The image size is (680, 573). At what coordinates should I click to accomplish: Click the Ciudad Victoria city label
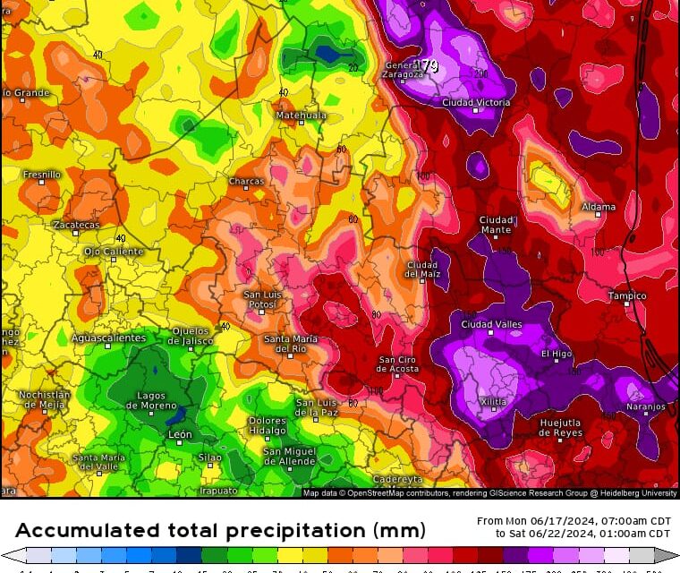[x=476, y=102]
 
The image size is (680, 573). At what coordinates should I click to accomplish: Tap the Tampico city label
[x=626, y=295]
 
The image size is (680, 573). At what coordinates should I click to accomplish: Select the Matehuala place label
[x=301, y=115]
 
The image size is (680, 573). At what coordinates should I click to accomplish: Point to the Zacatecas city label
[x=76, y=225]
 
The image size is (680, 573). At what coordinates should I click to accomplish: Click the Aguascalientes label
[x=108, y=338]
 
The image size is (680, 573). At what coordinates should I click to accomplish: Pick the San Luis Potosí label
[x=265, y=300]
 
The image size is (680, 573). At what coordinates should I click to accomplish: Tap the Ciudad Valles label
[x=491, y=324]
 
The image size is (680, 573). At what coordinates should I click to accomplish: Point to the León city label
[x=180, y=434]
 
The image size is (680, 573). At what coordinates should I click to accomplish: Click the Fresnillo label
[x=42, y=175]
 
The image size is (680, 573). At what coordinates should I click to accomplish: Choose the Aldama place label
[x=599, y=207]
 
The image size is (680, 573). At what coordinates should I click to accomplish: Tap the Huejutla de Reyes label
[x=560, y=427]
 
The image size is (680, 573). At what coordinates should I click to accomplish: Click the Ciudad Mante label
[x=497, y=225]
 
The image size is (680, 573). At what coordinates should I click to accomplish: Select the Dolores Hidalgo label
[x=267, y=425]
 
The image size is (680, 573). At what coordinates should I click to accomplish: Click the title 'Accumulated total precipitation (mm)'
[x=220, y=529]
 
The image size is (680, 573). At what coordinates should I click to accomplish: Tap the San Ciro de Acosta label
[x=398, y=364]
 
